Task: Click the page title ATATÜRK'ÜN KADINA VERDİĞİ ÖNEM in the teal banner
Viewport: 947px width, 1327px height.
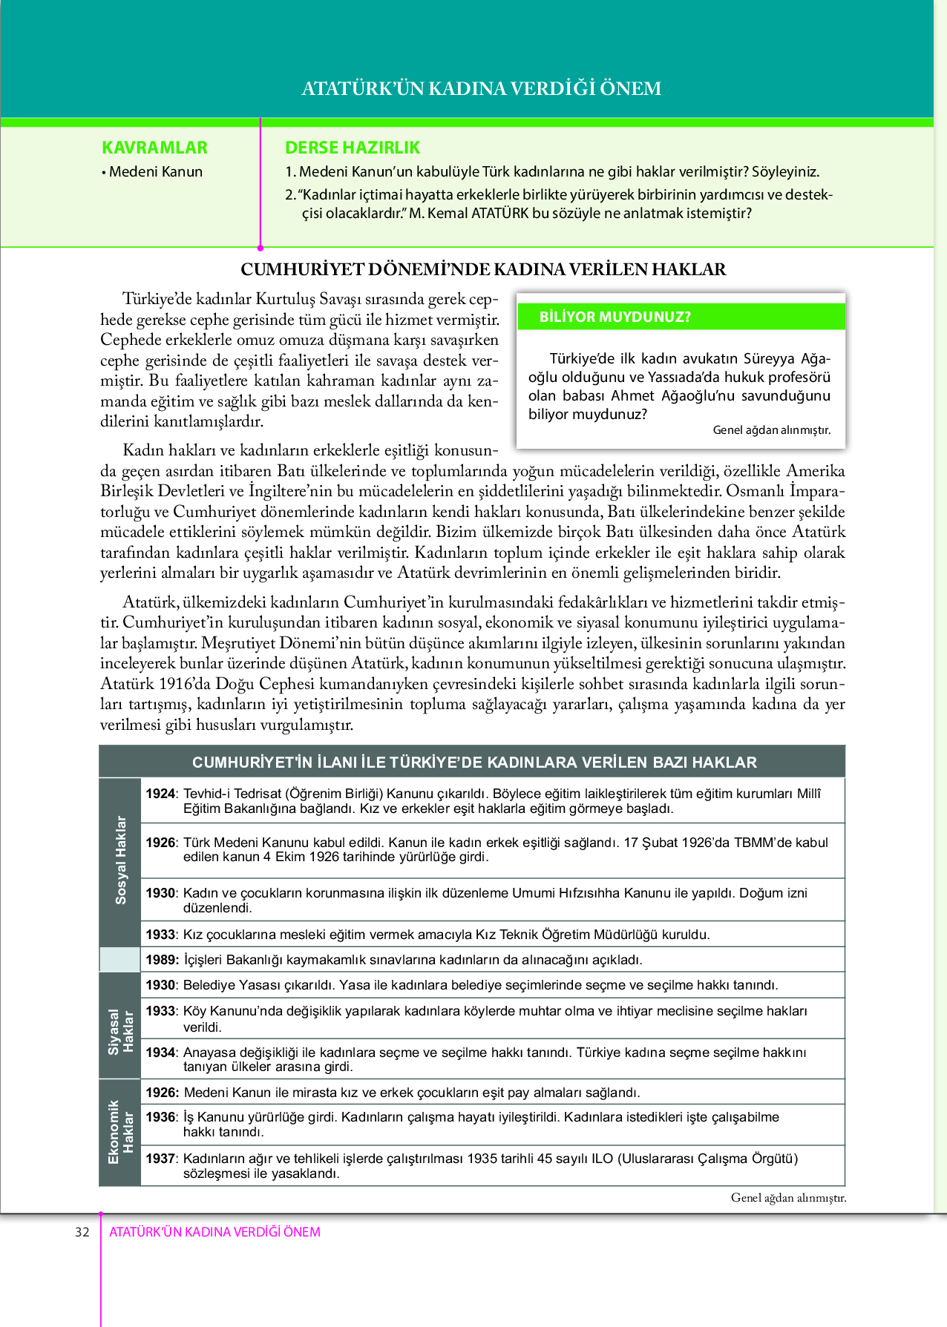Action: click(481, 88)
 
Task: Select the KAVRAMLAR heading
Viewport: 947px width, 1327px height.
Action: click(154, 148)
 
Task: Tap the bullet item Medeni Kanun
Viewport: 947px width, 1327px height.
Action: click(155, 171)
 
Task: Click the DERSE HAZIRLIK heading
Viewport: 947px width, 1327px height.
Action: click(353, 148)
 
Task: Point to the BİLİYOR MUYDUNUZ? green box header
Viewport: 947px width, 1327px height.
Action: click(615, 317)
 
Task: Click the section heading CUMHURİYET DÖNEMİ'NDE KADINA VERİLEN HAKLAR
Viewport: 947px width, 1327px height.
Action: click(483, 269)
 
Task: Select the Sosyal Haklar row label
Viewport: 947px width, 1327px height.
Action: click(120, 860)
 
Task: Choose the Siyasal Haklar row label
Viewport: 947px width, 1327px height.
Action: click(120, 1031)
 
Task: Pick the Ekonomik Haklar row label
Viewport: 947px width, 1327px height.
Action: click(120, 1132)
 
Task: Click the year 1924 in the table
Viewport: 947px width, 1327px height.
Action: click(160, 794)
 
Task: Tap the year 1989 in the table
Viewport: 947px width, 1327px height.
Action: click(160, 960)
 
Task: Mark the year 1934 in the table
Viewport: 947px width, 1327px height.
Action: click(160, 1053)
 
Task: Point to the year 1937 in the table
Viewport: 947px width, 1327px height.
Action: click(160, 1159)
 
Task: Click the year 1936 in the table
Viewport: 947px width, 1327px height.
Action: click(160, 1117)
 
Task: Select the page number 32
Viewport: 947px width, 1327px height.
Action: click(82, 1232)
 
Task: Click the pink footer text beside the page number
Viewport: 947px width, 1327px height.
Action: click(214, 1232)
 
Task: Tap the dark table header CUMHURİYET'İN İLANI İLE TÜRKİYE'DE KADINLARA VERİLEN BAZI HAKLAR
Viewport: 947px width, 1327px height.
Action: click(474, 763)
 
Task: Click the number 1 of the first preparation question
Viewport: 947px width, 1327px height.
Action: click(289, 171)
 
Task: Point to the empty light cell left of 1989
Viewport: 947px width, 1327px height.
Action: click(119, 960)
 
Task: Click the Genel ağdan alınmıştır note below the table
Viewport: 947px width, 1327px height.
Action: click(787, 1197)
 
